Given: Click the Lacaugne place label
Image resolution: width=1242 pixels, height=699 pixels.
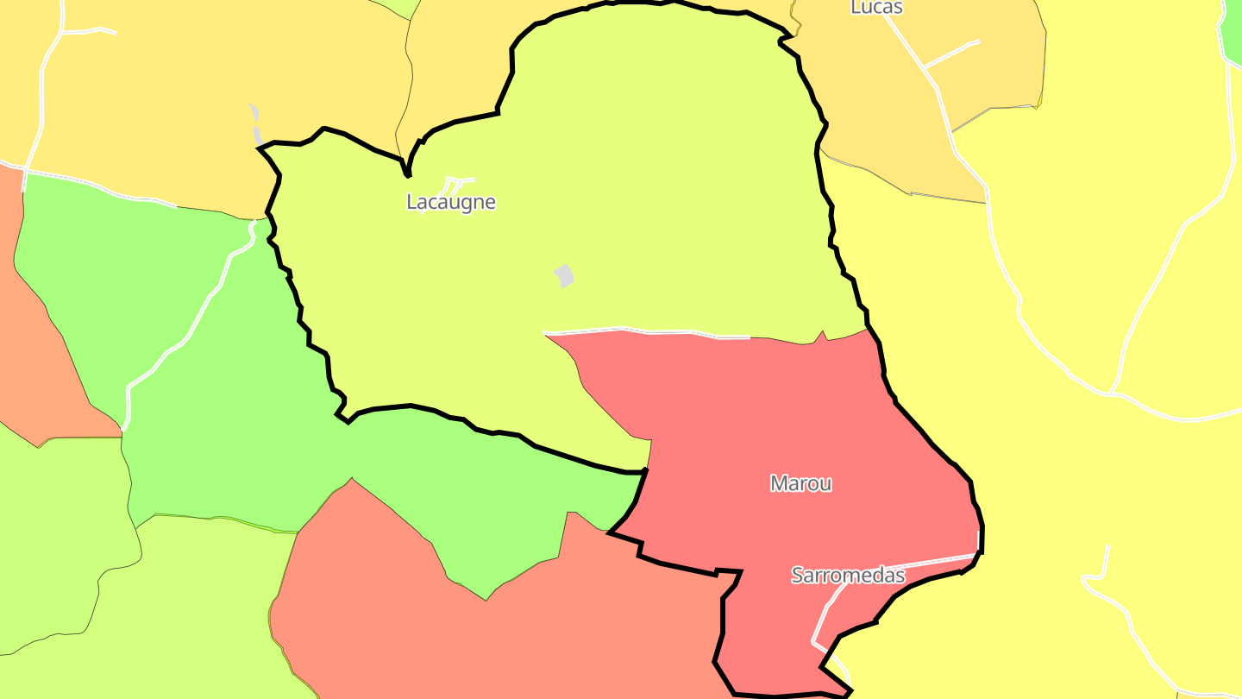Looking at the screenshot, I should (x=451, y=202).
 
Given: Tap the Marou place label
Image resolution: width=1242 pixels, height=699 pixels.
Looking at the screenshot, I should (x=801, y=483).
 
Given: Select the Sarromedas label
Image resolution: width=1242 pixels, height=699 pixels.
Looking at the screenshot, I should (x=849, y=576).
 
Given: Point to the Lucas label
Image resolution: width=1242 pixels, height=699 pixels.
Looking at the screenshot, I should (x=876, y=8).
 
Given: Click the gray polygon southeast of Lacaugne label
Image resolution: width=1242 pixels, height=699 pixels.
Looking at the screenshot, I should (x=564, y=276).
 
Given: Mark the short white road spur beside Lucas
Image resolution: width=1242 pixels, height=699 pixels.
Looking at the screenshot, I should (x=951, y=53).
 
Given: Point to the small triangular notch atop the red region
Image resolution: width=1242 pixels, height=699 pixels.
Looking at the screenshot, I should (x=822, y=337).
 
